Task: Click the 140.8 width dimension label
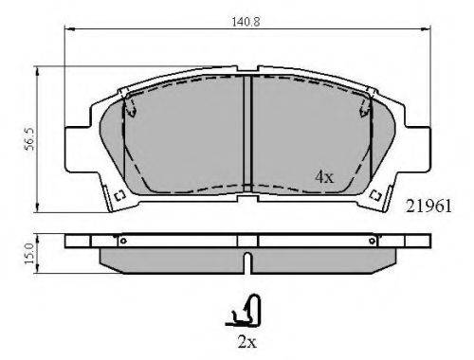[246, 22]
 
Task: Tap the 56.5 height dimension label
[30, 139]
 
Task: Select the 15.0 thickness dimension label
[29, 254]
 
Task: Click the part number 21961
[428, 207]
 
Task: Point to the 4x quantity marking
[324, 177]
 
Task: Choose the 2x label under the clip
[247, 342]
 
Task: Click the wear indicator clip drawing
[244, 311]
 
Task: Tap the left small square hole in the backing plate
[119, 196]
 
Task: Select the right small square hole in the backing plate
[375, 195]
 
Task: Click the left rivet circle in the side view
[123, 242]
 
